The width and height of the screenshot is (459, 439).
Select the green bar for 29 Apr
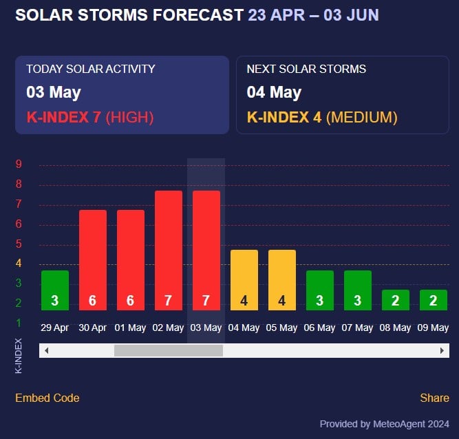coord(55,290)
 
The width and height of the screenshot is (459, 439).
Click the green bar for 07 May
coord(358,290)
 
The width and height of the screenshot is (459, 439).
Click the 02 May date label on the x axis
coord(169,328)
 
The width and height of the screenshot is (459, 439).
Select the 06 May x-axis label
coord(320,328)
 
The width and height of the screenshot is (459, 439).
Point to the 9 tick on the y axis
coord(19,164)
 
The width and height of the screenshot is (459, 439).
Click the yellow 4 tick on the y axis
coord(19,264)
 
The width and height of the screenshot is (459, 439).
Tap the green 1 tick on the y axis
coord(19,323)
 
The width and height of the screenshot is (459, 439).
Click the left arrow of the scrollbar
coord(46,350)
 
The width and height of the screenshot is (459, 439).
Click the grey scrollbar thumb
coord(169,350)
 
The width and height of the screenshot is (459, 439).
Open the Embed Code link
coord(47,398)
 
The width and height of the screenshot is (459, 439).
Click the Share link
coord(434,398)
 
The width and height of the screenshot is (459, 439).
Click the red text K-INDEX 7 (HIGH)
coord(90,117)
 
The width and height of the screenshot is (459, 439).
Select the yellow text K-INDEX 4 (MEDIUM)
coord(322,117)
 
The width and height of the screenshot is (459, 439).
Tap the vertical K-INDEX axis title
coord(19,356)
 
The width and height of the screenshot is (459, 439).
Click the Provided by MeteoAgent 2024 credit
coord(385,424)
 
